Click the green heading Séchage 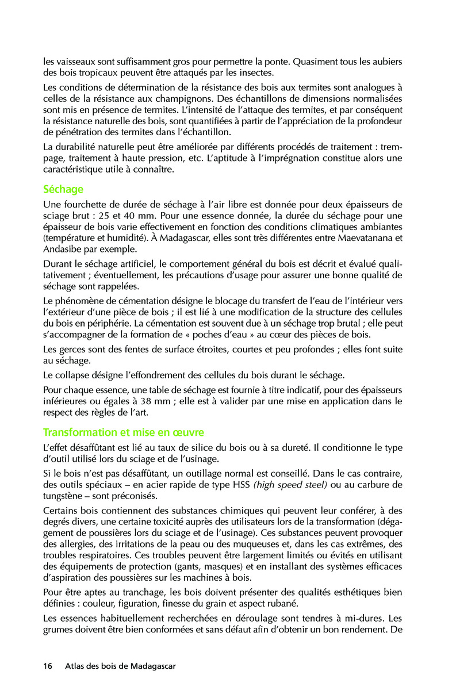(x=63, y=189)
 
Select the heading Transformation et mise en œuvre (x=124, y=432)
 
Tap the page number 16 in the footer (x=48, y=666)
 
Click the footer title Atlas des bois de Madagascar (x=120, y=666)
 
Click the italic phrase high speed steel (x=290, y=485)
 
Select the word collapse (x=76, y=375)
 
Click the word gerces (x=71, y=350)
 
